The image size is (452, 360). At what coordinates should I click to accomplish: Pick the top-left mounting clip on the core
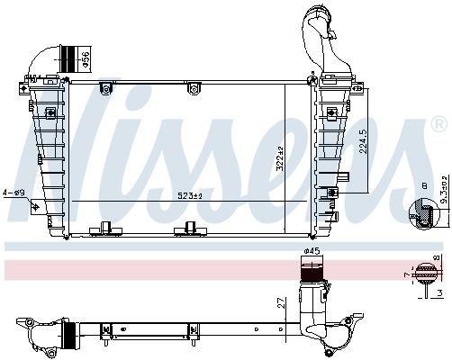pyautogui.click(x=104, y=87)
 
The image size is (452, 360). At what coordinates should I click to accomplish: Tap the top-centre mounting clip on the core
pyautogui.click(x=190, y=87)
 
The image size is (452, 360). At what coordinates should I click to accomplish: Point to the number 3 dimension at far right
pyautogui.click(x=438, y=292)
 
